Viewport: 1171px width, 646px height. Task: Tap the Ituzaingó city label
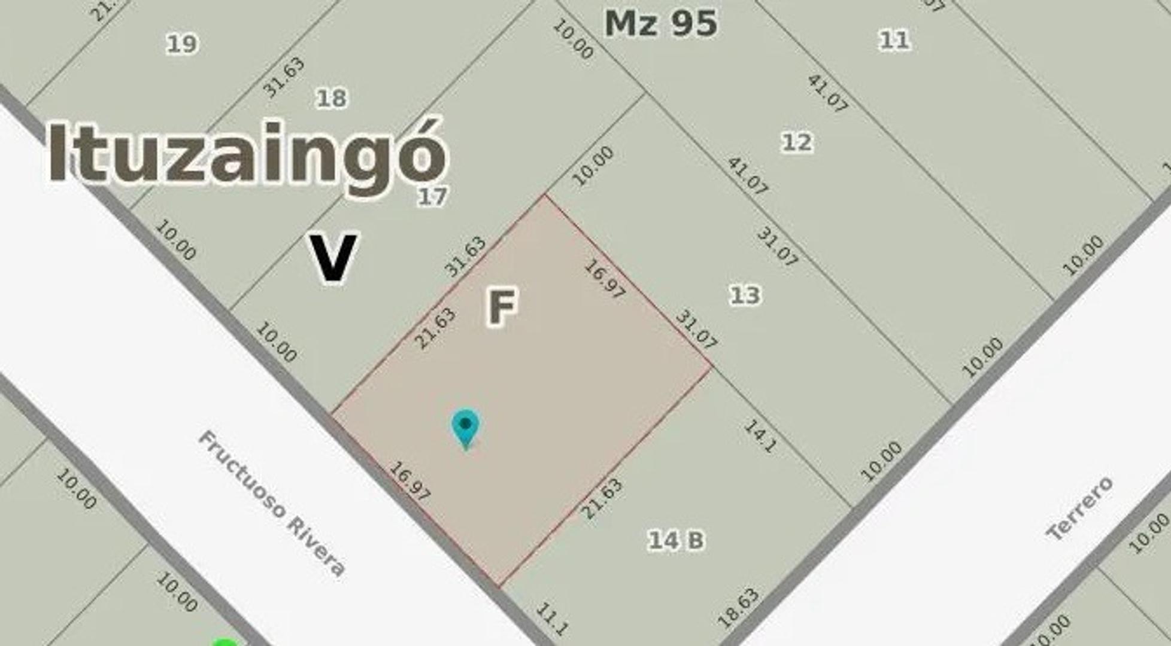[x=247, y=153]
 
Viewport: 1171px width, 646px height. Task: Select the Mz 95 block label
[x=660, y=23]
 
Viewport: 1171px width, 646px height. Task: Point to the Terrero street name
[x=1079, y=508]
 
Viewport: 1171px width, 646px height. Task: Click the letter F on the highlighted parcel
[x=501, y=306]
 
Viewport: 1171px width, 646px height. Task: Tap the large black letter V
[x=333, y=257]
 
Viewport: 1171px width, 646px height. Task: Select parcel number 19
[x=181, y=44]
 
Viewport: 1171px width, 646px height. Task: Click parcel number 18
[x=331, y=98]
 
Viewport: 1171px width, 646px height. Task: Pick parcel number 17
[x=432, y=196]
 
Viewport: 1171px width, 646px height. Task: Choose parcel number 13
[x=745, y=295]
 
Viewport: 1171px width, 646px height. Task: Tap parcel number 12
[x=797, y=142]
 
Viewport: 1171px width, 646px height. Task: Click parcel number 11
[x=894, y=41]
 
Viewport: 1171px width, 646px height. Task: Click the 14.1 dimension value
[x=761, y=436]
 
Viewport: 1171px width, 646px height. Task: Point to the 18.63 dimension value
[x=738, y=608]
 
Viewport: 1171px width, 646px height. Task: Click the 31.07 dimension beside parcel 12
[x=777, y=246]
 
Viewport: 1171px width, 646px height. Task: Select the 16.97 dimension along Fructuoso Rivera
[x=409, y=480]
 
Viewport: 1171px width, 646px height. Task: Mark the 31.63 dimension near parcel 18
[x=283, y=77]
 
